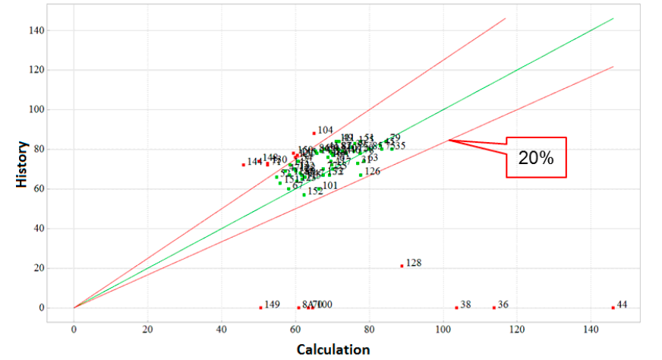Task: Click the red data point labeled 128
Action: coord(402,266)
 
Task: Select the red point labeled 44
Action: coord(613,308)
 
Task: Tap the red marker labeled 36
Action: coord(493,308)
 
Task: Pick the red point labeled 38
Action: coord(456,308)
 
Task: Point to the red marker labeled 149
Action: coord(260,308)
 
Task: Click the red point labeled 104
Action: coord(314,133)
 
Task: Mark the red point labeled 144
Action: coord(244,164)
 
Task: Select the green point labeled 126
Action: coord(361,175)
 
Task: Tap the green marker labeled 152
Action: coord(304,194)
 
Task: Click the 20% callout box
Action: coord(536,157)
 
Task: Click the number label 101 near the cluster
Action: coord(330,186)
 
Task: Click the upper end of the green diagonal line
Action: coord(612,18)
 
